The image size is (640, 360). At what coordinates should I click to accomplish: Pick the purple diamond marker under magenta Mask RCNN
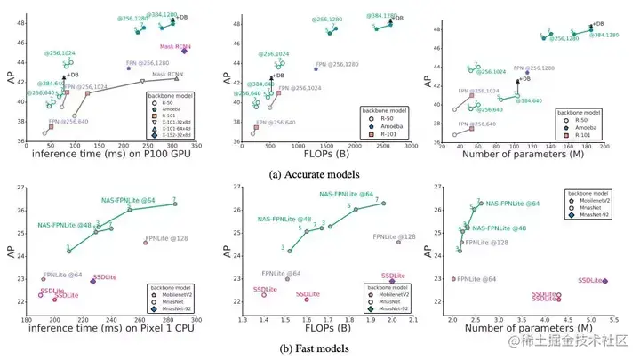coord(184,51)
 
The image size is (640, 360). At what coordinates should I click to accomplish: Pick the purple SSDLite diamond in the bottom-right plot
coord(605,281)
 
